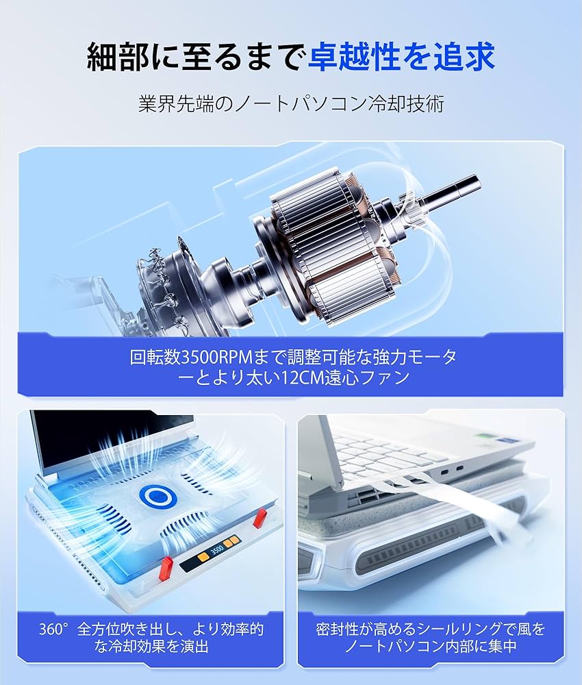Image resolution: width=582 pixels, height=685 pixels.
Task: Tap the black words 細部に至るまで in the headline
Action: point(194,58)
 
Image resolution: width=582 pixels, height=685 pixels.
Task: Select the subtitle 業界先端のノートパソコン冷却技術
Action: point(291,104)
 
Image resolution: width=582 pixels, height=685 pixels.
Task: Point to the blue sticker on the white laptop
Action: point(507,442)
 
